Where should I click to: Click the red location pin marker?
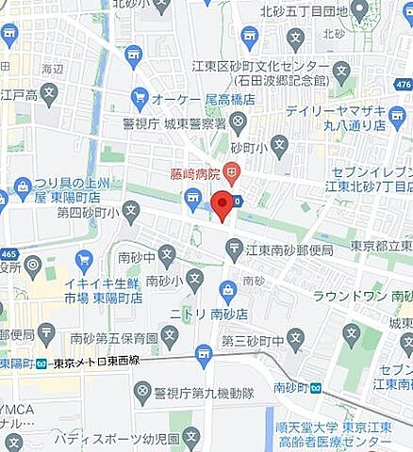point(222,204)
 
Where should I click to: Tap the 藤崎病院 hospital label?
point(194,173)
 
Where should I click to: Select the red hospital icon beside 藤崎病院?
point(232,173)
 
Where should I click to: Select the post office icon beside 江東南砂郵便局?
point(234,249)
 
